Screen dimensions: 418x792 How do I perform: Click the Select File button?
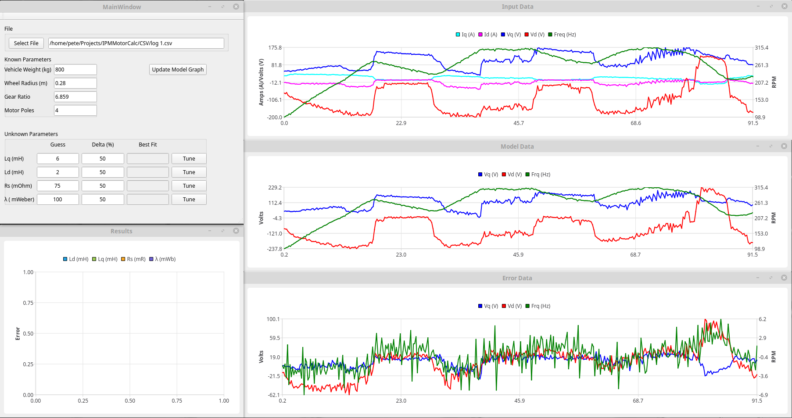(26, 43)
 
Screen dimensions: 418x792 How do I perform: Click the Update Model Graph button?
(178, 69)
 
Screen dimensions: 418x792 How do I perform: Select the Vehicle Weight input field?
(75, 69)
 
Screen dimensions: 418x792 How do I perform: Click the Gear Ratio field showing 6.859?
(75, 96)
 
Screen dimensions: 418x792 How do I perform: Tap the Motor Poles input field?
(75, 110)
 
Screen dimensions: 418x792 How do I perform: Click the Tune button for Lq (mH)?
(189, 158)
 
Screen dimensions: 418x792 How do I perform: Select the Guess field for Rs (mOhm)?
(57, 186)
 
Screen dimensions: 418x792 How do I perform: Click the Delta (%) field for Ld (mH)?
(103, 172)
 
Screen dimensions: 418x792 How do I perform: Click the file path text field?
(136, 43)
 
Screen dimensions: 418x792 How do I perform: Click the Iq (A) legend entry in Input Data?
(465, 34)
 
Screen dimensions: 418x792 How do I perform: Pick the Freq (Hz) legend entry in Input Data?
(562, 34)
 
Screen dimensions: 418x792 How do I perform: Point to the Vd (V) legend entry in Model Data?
(512, 174)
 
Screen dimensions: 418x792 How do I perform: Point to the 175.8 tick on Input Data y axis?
(275, 47)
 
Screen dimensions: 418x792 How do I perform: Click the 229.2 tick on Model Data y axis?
(275, 187)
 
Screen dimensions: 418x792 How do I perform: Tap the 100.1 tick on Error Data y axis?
(273, 319)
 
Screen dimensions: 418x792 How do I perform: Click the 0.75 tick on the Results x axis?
(177, 400)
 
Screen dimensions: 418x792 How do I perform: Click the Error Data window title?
(517, 278)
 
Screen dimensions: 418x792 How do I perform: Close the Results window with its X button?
(236, 231)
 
